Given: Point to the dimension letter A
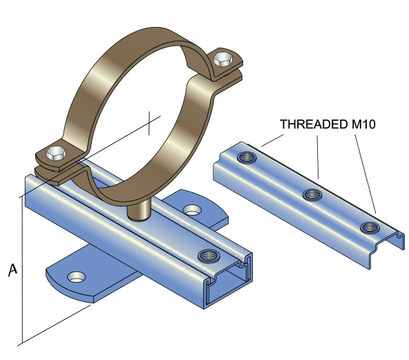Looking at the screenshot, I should tap(11, 269).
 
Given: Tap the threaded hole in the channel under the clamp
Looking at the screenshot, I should tap(207, 256).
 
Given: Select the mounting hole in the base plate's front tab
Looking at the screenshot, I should tap(75, 277).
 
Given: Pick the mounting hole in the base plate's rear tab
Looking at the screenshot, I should tap(191, 208).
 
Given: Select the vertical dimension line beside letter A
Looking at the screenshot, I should tap(21, 269).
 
